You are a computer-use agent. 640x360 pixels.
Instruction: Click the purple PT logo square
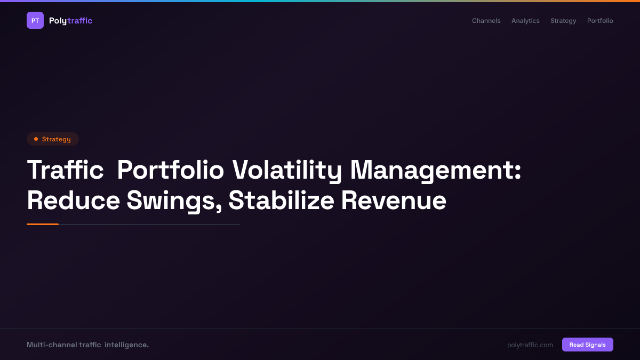(35, 20)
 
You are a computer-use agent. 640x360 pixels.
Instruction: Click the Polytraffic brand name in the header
(70, 21)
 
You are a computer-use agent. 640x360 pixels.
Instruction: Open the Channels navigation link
(486, 21)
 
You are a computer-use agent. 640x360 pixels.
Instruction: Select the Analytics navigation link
(525, 21)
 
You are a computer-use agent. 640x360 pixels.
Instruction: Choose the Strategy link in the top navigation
(563, 21)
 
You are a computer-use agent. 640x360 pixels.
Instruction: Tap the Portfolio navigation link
(600, 21)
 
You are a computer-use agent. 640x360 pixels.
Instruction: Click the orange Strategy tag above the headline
(53, 139)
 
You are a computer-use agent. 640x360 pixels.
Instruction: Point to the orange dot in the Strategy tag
(36, 139)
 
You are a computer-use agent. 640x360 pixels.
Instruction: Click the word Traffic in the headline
(65, 171)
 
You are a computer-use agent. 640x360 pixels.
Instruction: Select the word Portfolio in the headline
(170, 171)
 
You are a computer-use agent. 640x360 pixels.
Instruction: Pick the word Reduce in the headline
(74, 201)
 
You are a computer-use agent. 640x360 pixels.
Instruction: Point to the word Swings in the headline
(174, 201)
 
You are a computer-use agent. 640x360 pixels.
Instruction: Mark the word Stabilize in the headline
(281, 201)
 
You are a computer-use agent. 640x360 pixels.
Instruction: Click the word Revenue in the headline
(394, 201)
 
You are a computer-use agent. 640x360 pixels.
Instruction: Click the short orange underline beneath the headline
(43, 224)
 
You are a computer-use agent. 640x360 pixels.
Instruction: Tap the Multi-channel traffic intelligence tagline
(87, 345)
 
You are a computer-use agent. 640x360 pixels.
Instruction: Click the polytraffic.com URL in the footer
(530, 345)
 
